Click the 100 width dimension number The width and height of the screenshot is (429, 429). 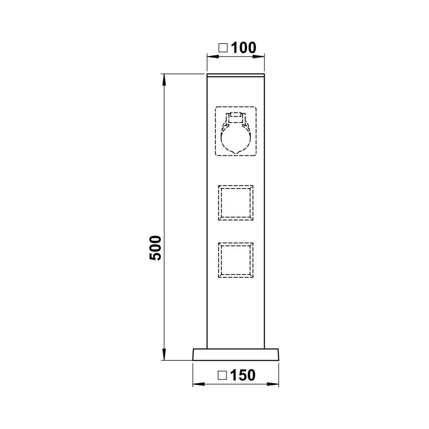244,48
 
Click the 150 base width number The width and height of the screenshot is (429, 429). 243,375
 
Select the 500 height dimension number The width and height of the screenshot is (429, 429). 155,248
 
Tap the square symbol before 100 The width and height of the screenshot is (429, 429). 223,48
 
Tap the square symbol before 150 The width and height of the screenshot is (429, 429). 222,375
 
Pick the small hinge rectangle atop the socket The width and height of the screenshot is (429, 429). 236,118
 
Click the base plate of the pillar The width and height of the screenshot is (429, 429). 236,355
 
